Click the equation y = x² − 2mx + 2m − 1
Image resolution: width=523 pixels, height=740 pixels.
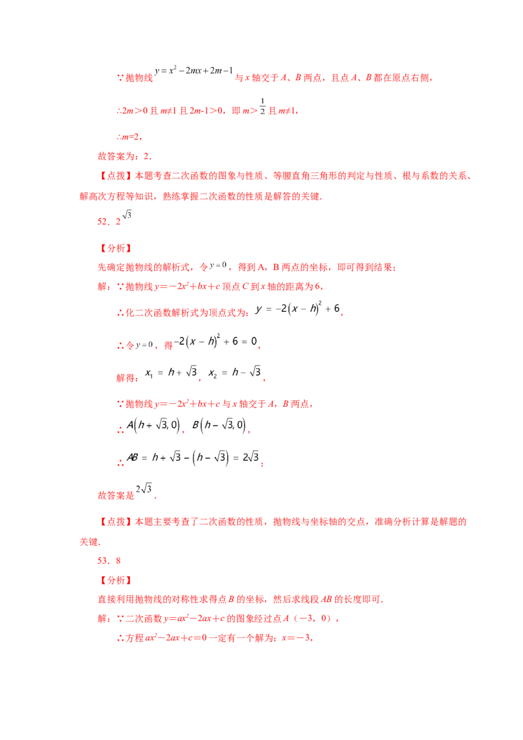(194, 71)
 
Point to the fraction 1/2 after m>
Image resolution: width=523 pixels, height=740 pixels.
(262, 107)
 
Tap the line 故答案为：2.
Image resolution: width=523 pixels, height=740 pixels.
(125, 156)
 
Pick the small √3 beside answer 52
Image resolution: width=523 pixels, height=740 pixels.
(127, 214)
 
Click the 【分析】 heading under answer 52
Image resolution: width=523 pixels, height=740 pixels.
(116, 248)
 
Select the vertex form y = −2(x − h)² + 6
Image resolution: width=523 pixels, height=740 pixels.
(297, 309)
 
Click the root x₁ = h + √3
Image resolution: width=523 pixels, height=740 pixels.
(171, 373)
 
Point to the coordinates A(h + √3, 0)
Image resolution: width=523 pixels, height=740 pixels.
(154, 425)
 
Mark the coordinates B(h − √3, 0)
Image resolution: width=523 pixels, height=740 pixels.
(219, 425)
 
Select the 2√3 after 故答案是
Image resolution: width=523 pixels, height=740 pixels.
(144, 488)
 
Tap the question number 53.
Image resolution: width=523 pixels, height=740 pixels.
(103, 561)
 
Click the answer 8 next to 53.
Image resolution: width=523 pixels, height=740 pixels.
(118, 561)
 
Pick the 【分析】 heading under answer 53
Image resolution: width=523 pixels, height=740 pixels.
(116, 580)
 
